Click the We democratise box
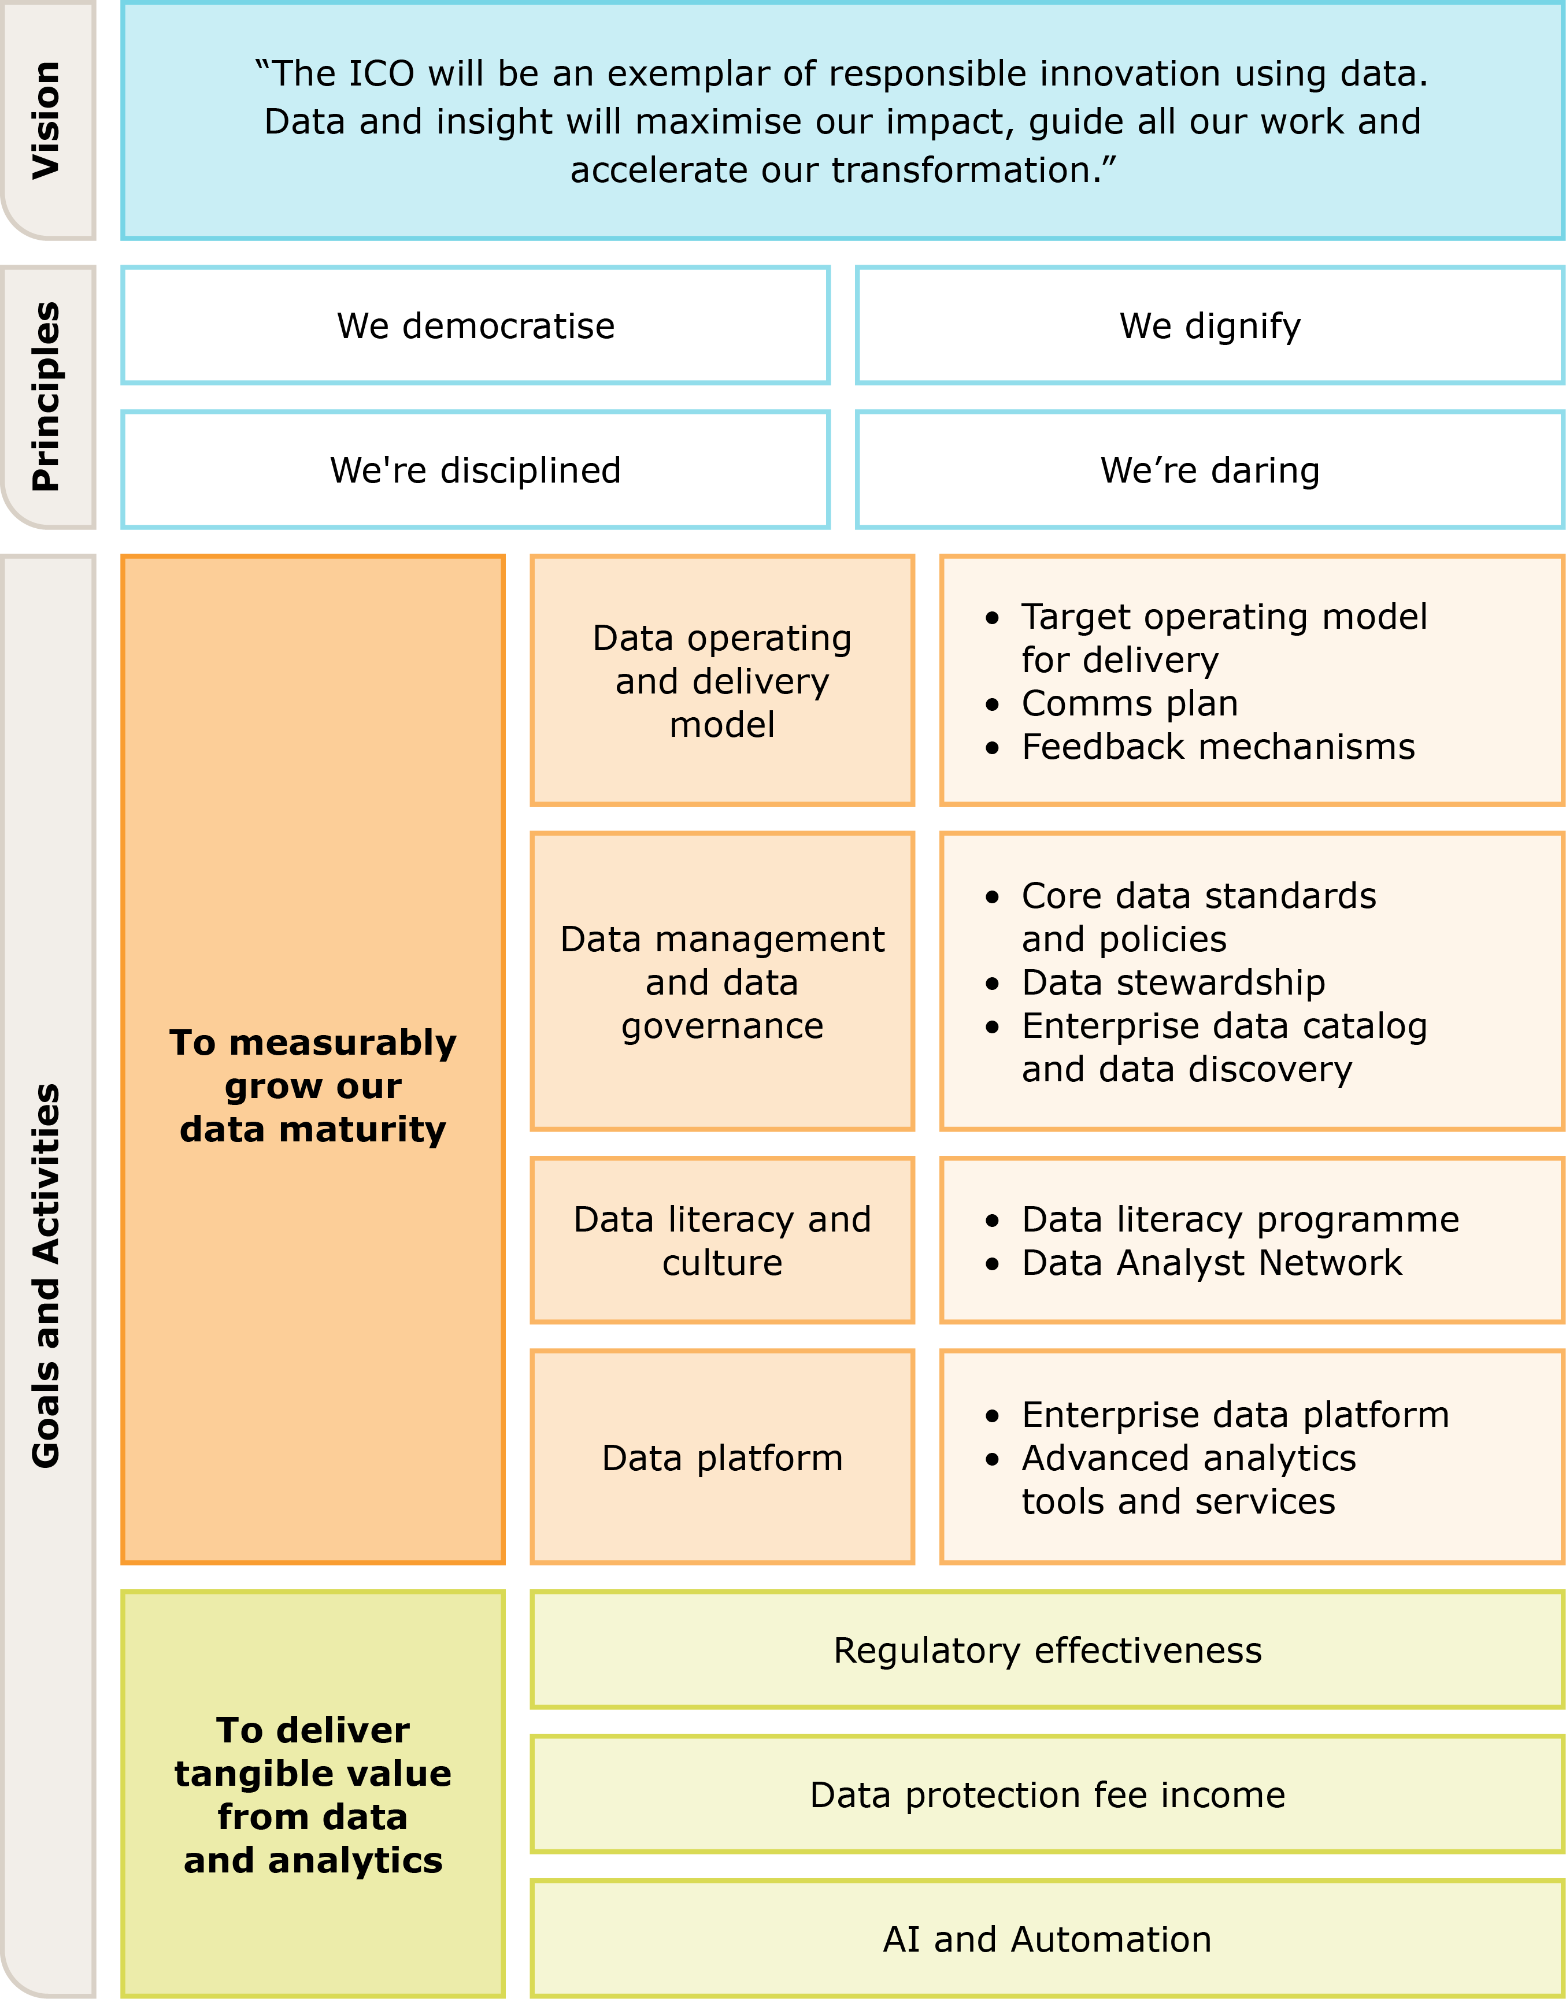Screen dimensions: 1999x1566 coord(475,325)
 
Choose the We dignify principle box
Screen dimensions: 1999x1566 coord(1209,325)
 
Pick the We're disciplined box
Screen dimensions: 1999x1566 coord(475,469)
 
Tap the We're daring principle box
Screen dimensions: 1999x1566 coord(1209,469)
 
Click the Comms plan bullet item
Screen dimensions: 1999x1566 coord(1130,703)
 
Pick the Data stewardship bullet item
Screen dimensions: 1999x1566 coord(1173,982)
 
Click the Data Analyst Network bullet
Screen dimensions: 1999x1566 coord(1211,1262)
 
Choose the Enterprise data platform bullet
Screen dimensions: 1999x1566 coord(1235,1414)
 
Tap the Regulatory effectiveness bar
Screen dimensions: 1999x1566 coord(1047,1650)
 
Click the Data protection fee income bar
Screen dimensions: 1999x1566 coord(1047,1794)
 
